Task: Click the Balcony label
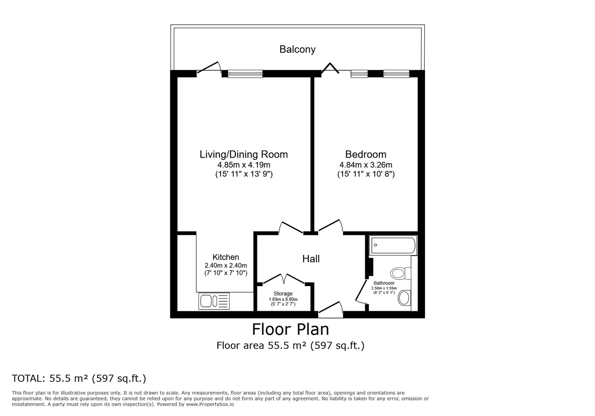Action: (297, 49)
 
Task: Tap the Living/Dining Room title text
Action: (244, 154)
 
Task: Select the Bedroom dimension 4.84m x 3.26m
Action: (366, 165)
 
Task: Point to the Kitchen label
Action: (226, 257)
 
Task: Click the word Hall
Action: (311, 259)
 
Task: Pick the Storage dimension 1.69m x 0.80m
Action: (283, 299)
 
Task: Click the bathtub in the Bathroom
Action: (393, 245)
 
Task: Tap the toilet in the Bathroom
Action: (401, 273)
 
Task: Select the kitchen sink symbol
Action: (214, 301)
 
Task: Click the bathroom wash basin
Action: (404, 298)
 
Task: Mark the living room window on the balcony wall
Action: (245, 74)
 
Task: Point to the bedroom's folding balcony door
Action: (330, 68)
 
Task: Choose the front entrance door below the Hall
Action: (331, 310)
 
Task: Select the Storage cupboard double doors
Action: (284, 279)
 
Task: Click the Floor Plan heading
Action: (290, 329)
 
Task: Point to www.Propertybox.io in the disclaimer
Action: (210, 404)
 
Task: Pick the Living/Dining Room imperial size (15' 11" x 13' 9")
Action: (244, 174)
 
